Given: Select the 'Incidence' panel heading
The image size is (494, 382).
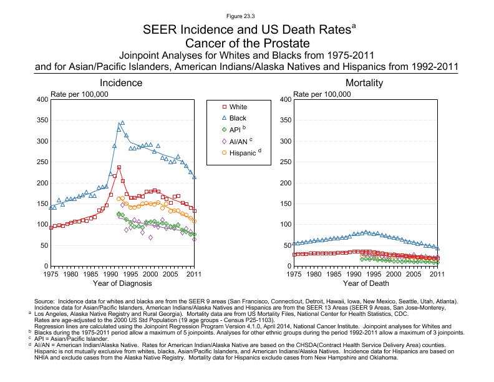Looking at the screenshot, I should (x=123, y=83).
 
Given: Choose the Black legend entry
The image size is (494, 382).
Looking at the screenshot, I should (x=238, y=118).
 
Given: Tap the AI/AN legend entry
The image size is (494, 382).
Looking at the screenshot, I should (x=240, y=140).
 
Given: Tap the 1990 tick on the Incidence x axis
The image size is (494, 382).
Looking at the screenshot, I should (x=110, y=274).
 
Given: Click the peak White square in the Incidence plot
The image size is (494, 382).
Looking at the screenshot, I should (x=119, y=167).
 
